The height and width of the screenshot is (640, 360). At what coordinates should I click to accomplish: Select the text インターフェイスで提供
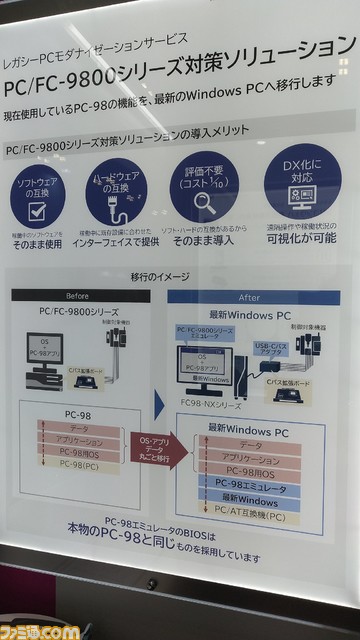point(120,242)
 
